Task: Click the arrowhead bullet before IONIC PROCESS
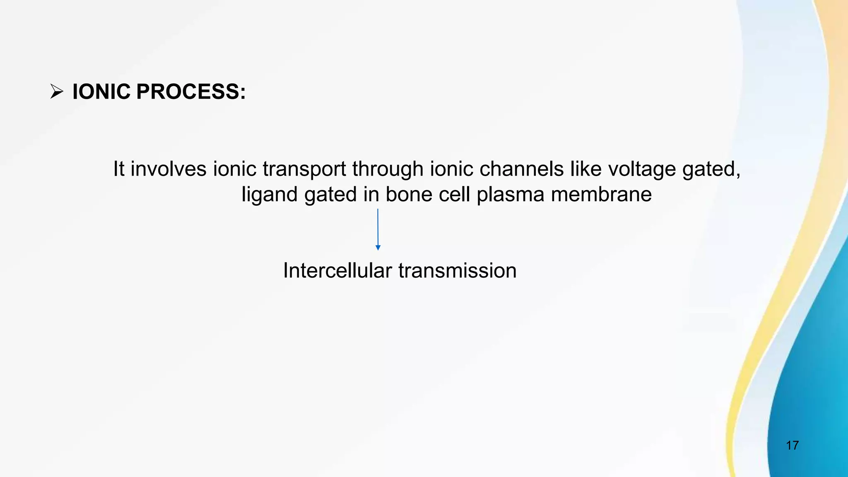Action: coord(56,92)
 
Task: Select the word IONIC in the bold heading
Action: coord(101,92)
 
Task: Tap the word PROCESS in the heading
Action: coord(190,92)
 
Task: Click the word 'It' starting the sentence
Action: coord(119,169)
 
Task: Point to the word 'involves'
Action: coord(169,169)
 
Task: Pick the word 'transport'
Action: coord(304,169)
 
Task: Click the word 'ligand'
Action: coord(270,195)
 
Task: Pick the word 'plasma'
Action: coord(510,195)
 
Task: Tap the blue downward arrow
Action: coord(378,229)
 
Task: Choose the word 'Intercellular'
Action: coord(337,271)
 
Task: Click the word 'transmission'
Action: coord(458,271)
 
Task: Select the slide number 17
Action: coord(792,446)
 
